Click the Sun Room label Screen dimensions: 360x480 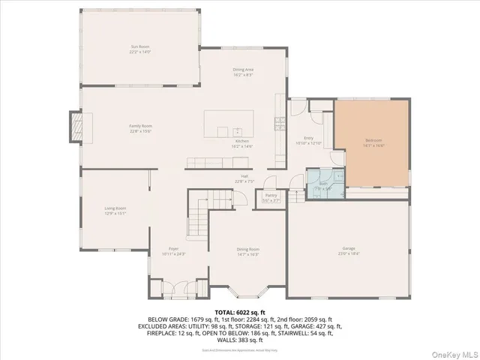tap(140, 46)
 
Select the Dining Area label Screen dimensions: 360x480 tap(242, 69)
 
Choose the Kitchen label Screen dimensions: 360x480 tap(242, 141)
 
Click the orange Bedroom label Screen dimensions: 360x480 tap(373, 140)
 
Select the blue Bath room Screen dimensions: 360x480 tap(325, 184)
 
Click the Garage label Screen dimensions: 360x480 tap(348, 248)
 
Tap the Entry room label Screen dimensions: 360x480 tap(307, 137)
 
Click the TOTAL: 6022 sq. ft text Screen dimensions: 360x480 tap(240, 311)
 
